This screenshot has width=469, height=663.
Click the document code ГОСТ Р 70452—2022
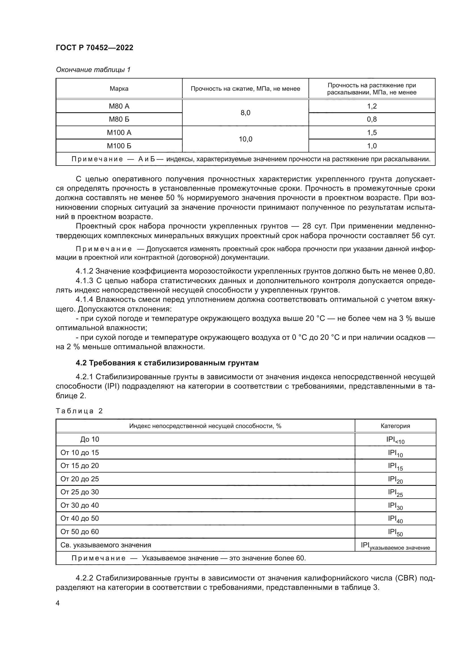click(x=94, y=48)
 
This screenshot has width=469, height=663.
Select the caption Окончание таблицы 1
click(x=93, y=70)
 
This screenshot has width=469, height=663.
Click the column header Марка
click(x=119, y=89)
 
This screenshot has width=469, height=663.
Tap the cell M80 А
click(x=119, y=106)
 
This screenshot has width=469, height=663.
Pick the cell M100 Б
click(x=119, y=146)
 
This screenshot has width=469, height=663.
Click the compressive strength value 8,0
click(x=245, y=113)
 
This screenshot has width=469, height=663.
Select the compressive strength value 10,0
click(x=245, y=139)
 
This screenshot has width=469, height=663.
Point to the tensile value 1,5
click(x=372, y=133)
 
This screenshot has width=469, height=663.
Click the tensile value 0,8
click(x=372, y=119)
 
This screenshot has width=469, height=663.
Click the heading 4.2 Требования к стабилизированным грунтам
click(x=167, y=363)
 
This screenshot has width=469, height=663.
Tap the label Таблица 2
click(x=79, y=411)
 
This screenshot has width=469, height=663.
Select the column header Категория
click(x=395, y=426)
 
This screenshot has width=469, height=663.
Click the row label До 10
click(x=90, y=439)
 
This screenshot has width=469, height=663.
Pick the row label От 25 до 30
click(x=79, y=492)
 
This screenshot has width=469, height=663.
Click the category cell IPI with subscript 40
click(x=395, y=519)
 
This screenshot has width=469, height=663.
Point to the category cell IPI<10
click(x=395, y=440)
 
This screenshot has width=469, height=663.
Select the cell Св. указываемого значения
click(x=106, y=545)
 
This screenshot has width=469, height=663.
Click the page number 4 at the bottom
click(x=58, y=603)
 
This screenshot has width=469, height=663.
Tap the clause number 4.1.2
click(x=84, y=271)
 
